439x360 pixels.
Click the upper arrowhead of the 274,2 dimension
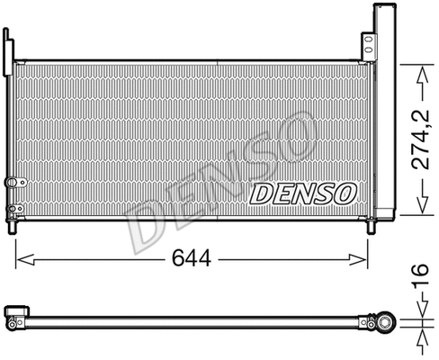[419, 65]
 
